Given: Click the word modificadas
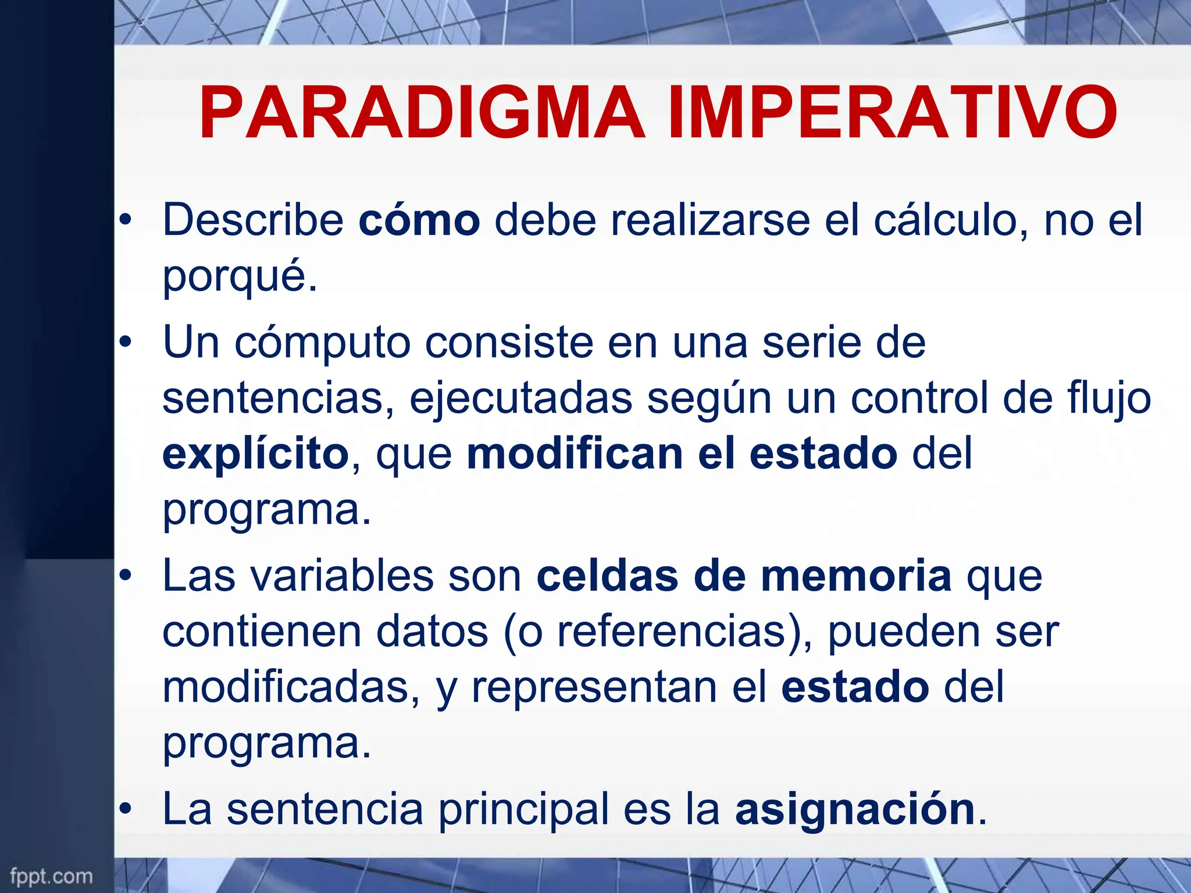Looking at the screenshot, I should click(285, 687).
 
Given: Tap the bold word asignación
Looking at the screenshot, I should click(854, 809).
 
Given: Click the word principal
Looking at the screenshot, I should click(522, 809).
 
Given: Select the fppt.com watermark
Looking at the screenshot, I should click(51, 876).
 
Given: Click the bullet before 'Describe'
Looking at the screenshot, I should click(125, 220).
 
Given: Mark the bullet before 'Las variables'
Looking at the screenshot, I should click(125, 576).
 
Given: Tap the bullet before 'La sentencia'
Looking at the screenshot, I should click(125, 810).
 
